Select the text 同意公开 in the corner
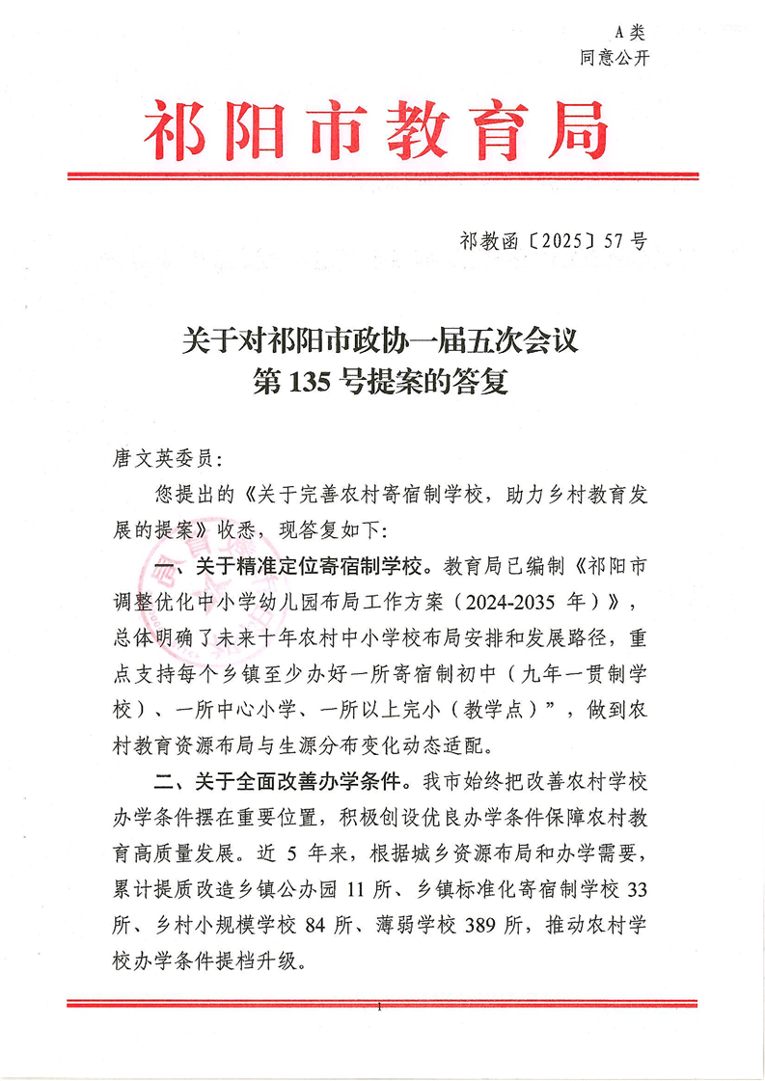pos(615,58)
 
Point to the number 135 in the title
pos(303,385)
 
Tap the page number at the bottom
pos(382,1009)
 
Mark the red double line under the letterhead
pos(382,176)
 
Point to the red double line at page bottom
pos(382,1003)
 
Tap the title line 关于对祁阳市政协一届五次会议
pos(381,340)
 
